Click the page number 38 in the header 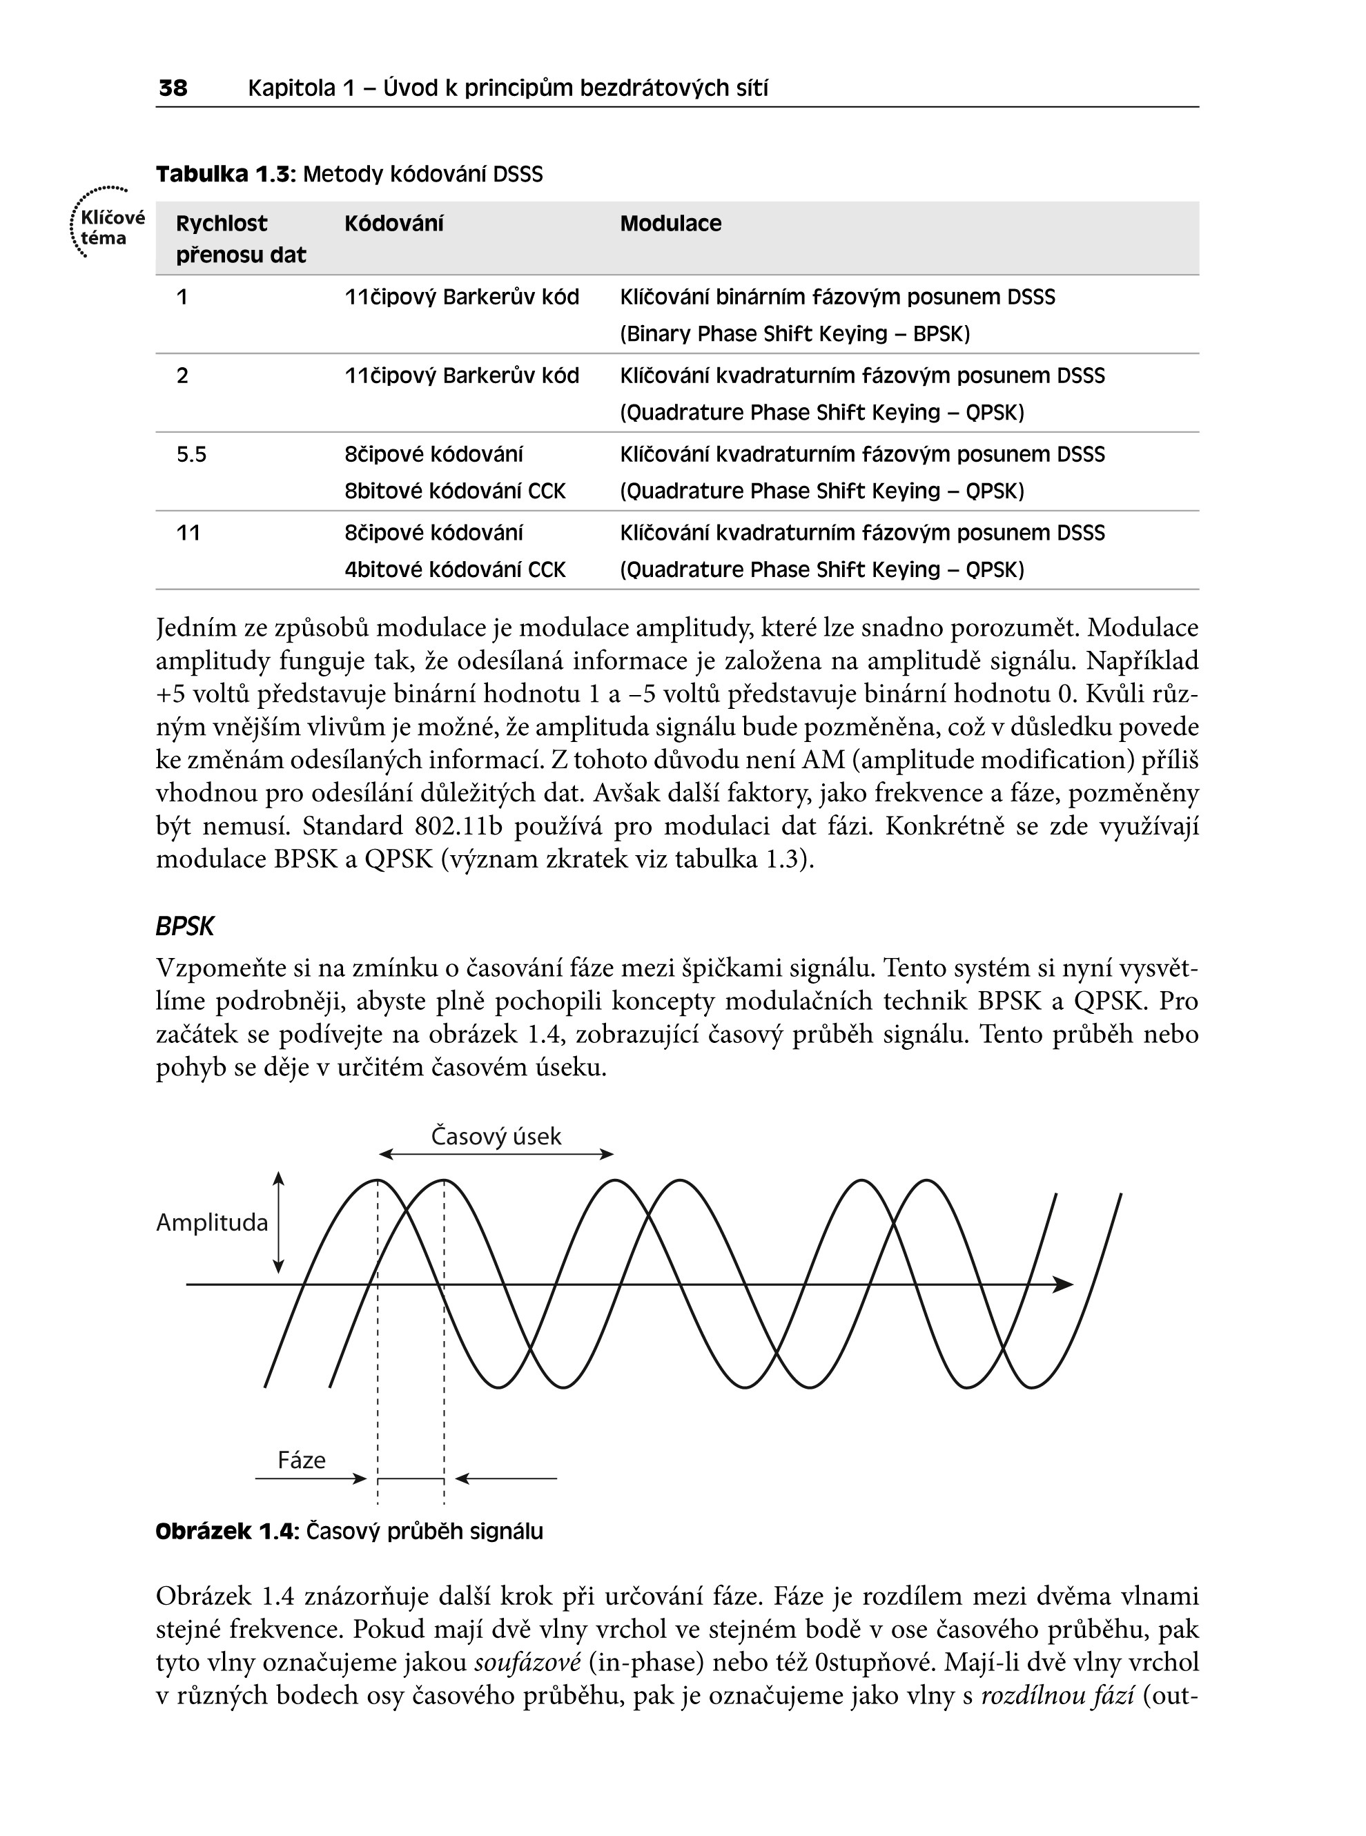[x=173, y=88]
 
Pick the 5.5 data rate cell [x=191, y=454]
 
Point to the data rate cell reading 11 [x=188, y=532]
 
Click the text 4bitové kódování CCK [x=455, y=569]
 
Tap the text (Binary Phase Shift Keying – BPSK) [x=794, y=334]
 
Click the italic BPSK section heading [x=184, y=927]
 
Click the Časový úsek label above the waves [x=496, y=1136]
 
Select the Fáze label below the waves [x=301, y=1460]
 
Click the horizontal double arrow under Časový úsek [x=496, y=1154]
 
